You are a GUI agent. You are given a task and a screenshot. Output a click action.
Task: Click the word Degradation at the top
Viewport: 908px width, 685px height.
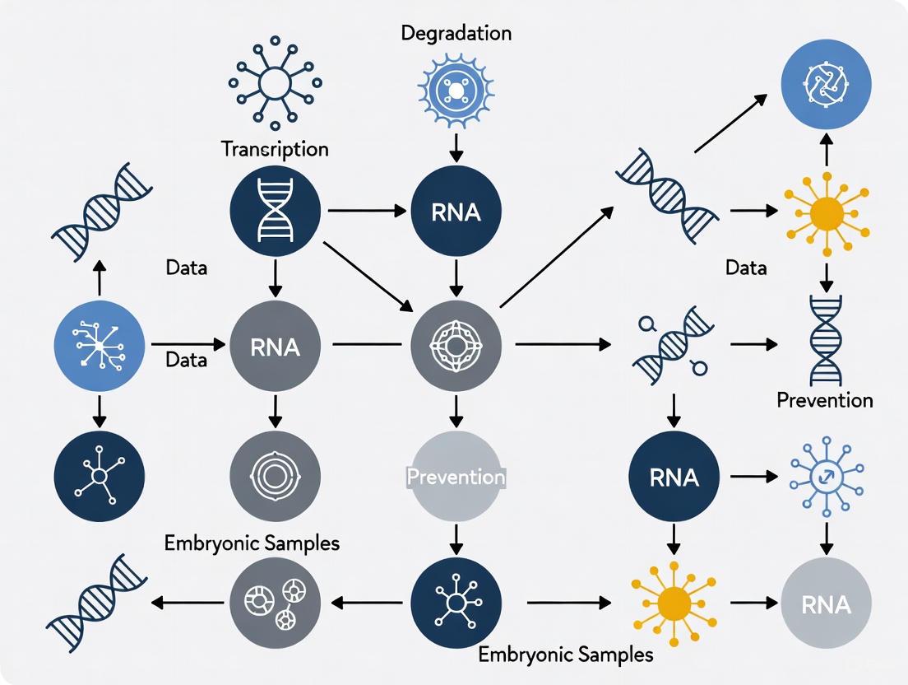coord(456,34)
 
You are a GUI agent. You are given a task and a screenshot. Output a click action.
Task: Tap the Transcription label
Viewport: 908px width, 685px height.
coord(275,149)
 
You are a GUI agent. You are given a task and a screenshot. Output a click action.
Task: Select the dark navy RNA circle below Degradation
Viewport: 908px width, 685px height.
coord(456,212)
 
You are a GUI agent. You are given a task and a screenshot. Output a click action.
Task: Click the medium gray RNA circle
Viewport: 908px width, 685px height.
coord(275,347)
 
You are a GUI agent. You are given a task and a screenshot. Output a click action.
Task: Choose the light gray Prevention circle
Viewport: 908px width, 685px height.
coord(456,476)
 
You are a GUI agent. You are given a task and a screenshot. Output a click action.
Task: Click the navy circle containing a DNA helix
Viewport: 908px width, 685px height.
coord(275,212)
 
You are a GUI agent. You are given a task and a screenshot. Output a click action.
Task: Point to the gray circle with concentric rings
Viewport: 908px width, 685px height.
coord(275,476)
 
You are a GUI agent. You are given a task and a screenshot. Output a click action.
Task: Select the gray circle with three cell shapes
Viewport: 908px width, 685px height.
coord(275,603)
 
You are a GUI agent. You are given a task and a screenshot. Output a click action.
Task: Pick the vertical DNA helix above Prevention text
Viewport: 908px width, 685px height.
coord(826,340)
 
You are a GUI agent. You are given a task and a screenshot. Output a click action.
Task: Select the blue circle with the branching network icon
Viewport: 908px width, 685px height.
coord(100,347)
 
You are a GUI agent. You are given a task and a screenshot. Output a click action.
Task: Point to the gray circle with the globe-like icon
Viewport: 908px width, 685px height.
coord(456,347)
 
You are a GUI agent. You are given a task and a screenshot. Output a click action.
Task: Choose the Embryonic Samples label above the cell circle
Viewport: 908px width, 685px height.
coord(252,543)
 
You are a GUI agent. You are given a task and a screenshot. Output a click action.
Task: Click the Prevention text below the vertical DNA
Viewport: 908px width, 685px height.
coord(824,401)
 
